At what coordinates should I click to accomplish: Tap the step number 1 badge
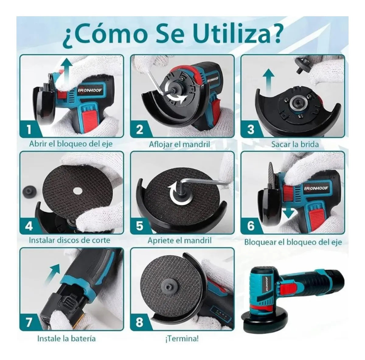(30, 130)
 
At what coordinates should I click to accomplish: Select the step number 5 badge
(140, 226)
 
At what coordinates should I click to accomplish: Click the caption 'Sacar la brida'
(295, 144)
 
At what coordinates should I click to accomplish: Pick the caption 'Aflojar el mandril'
(179, 144)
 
